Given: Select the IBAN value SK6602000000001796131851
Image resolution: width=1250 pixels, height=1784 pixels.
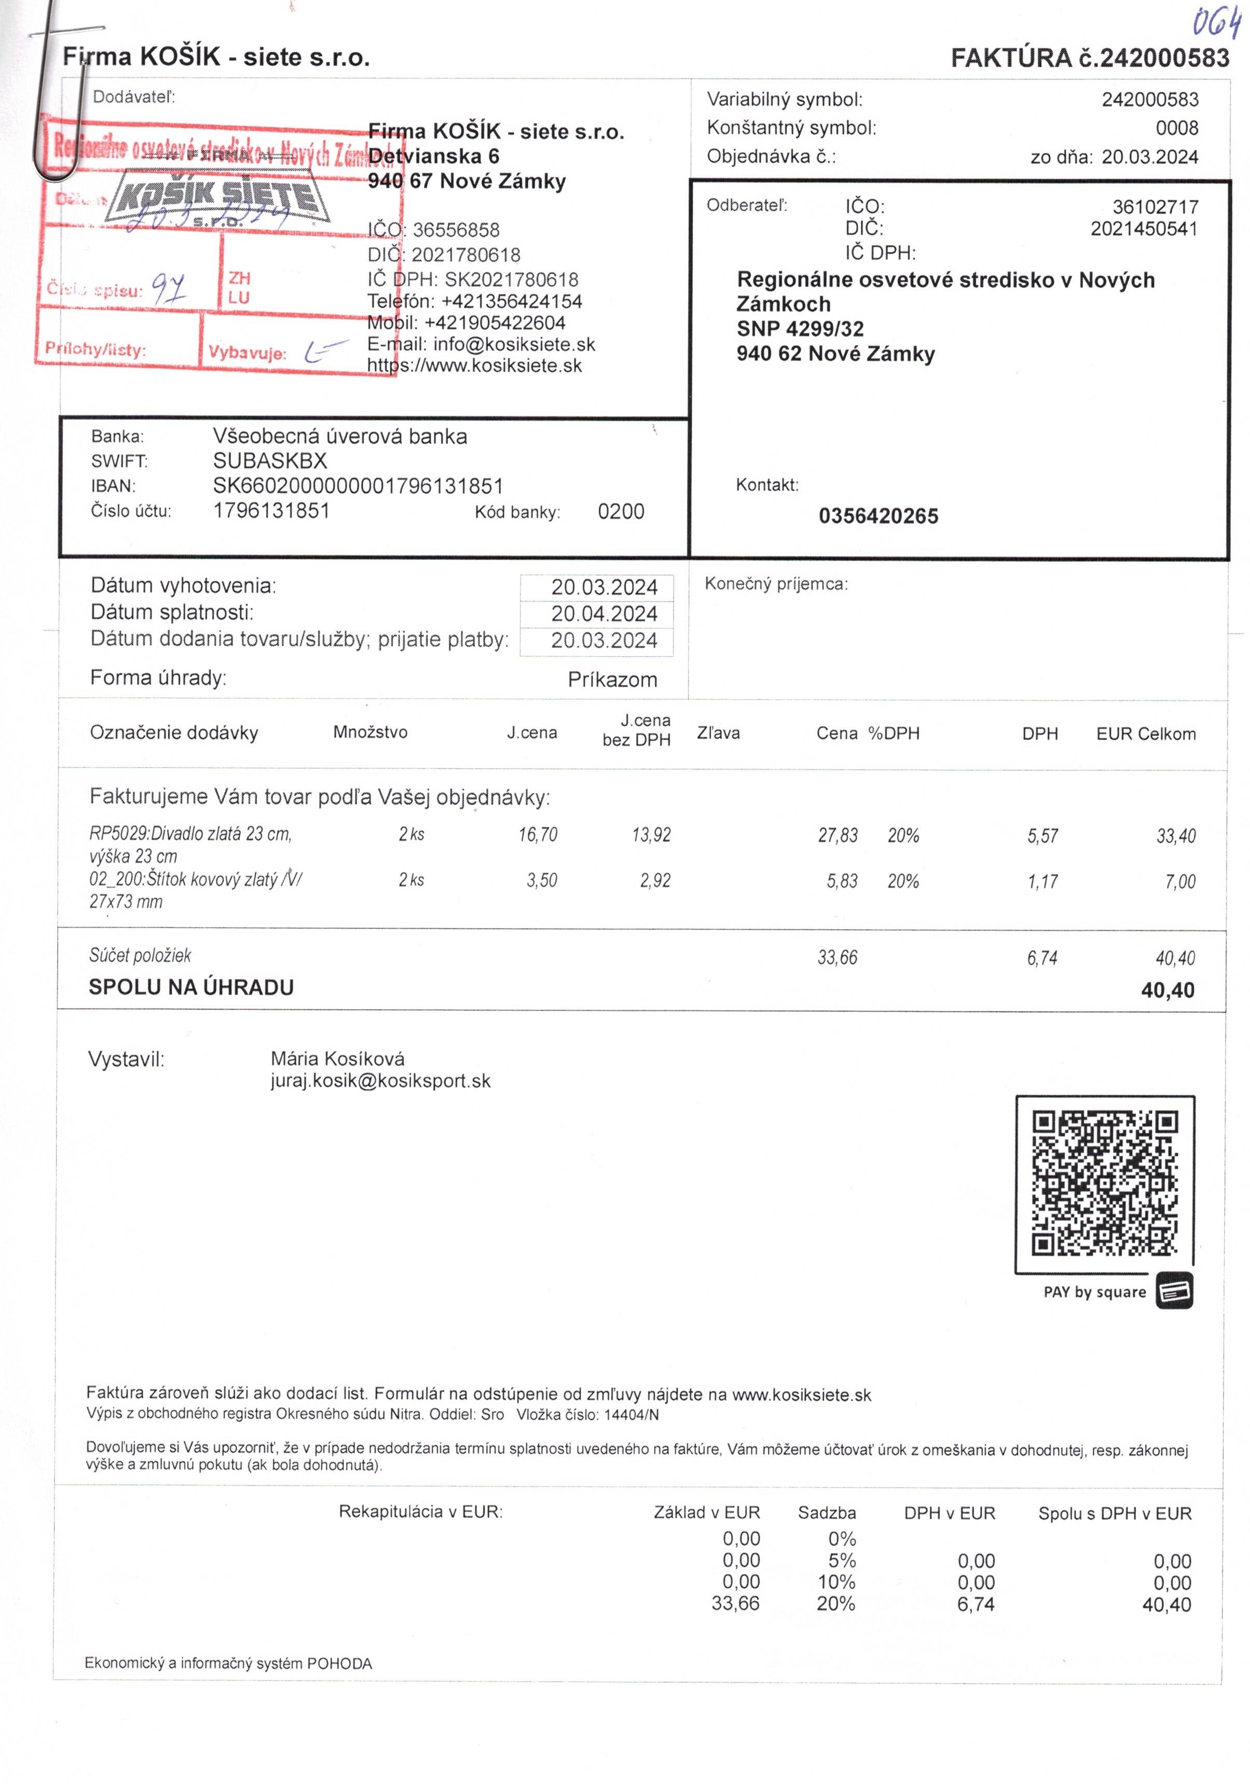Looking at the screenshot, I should coord(358,486).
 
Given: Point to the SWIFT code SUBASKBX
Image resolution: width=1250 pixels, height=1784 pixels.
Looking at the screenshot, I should coord(270,461).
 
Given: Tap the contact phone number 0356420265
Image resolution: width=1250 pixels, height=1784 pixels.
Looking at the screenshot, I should coord(878,516).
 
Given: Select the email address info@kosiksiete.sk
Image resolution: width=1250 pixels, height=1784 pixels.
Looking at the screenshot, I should coord(514,344).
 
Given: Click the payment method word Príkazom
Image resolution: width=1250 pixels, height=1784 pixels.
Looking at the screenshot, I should coord(612,680).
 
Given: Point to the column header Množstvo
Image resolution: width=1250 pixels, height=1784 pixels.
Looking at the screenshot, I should coord(370,732).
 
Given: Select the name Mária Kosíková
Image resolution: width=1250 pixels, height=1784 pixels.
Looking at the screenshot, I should coord(337,1058).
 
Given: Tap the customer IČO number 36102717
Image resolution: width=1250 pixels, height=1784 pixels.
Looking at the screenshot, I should coord(1155,208).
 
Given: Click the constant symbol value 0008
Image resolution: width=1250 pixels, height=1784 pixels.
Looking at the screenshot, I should coord(1176,128).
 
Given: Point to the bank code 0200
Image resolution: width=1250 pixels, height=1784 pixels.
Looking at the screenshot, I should coord(621,511).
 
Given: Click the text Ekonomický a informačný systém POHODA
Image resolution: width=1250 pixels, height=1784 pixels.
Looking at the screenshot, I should coord(228,1664).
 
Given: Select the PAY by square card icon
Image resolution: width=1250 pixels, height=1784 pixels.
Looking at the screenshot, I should coord(1174,1290).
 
